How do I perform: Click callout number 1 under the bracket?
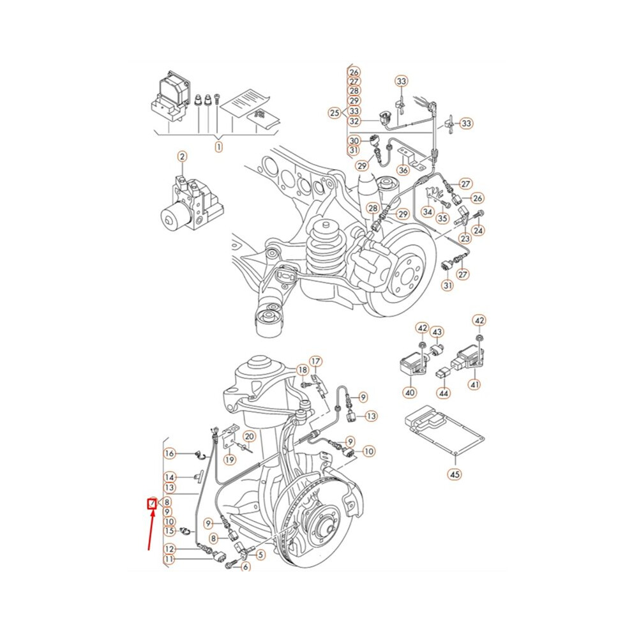[x=218, y=147]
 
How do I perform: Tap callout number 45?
[x=455, y=474]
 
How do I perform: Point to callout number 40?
[x=410, y=392]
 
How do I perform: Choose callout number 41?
[x=475, y=384]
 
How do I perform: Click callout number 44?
[x=444, y=393]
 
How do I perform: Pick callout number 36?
[x=403, y=170]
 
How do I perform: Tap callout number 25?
[x=335, y=113]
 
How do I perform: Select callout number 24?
[x=478, y=230]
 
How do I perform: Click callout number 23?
[x=465, y=238]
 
